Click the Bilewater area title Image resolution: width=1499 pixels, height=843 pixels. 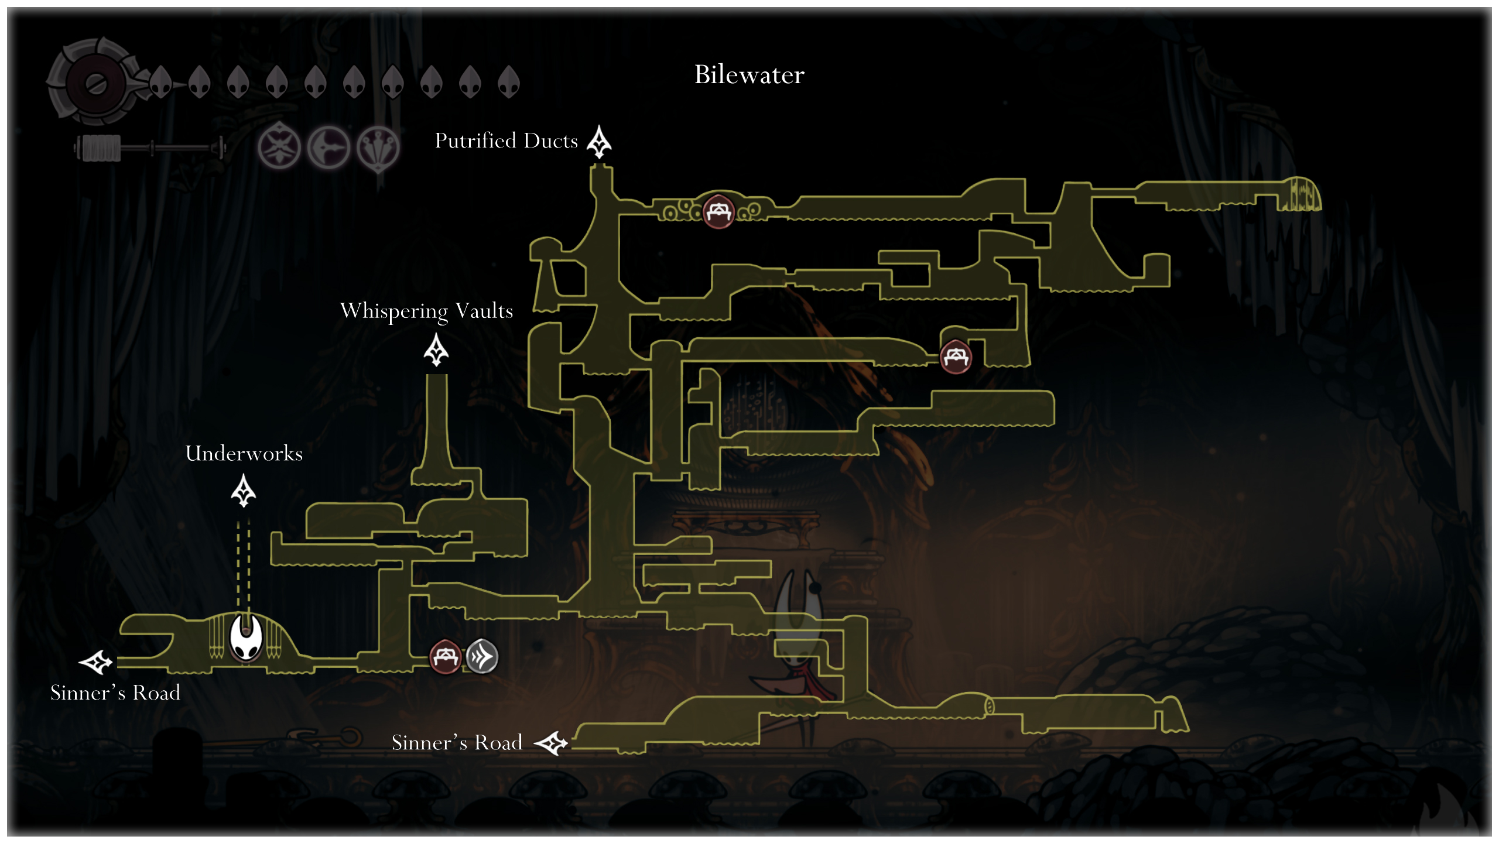tap(749, 75)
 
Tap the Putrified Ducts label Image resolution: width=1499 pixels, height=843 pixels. tap(506, 141)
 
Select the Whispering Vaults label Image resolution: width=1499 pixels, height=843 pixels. tap(426, 311)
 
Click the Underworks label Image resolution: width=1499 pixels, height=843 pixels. tap(244, 453)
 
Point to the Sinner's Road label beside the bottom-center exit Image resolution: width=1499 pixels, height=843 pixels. tap(457, 742)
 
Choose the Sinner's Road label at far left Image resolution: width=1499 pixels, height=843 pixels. tap(115, 693)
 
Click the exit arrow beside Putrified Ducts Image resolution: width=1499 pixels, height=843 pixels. tap(599, 142)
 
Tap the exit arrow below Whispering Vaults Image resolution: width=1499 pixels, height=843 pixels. tap(436, 349)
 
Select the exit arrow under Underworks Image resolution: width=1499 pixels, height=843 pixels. tap(244, 491)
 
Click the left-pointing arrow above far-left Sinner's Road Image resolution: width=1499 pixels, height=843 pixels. tap(95, 662)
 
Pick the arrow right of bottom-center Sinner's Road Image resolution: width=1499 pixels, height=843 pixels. tap(551, 743)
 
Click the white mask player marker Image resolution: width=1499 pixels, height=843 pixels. tap(245, 637)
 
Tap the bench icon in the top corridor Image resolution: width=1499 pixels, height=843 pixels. tap(718, 211)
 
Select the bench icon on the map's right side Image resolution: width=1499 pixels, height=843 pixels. tap(956, 357)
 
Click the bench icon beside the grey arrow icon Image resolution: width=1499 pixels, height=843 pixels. tap(446, 656)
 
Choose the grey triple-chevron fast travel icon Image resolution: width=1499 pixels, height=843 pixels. tap(482, 656)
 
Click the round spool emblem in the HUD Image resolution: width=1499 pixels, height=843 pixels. tap(95, 83)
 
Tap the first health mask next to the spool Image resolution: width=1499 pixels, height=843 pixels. tap(160, 81)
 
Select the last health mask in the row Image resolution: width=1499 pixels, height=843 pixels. tap(508, 81)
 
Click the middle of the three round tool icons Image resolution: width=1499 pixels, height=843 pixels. tap(328, 147)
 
